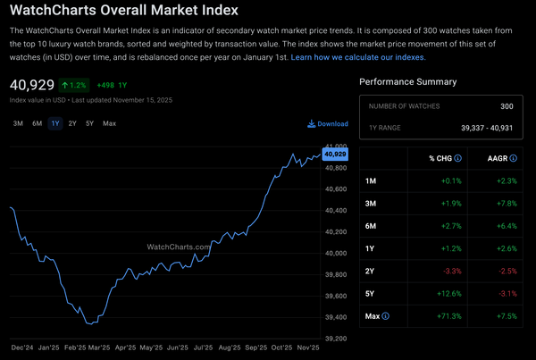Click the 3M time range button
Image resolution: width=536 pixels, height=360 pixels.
[18, 123]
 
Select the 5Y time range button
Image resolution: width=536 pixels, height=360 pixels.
[89, 123]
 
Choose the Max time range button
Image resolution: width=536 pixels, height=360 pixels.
[109, 123]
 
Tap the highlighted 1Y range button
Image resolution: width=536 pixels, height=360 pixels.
[55, 123]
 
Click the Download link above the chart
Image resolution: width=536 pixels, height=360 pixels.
[328, 124]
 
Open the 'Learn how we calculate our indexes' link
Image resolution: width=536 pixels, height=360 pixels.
[358, 57]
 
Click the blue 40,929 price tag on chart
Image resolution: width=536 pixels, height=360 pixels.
[335, 154]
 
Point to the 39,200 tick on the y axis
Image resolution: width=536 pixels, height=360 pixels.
[335, 339]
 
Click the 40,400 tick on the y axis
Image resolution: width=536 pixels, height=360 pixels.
[335, 211]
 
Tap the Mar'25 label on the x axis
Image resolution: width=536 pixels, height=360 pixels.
[98, 347]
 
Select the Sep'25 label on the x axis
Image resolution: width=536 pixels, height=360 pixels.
[256, 347]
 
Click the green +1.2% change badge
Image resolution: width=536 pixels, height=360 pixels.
[74, 86]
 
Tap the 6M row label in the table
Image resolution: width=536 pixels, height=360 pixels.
[372, 227]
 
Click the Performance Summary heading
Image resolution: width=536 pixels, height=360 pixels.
[407, 82]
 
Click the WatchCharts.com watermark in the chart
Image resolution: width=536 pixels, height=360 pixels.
[179, 247]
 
